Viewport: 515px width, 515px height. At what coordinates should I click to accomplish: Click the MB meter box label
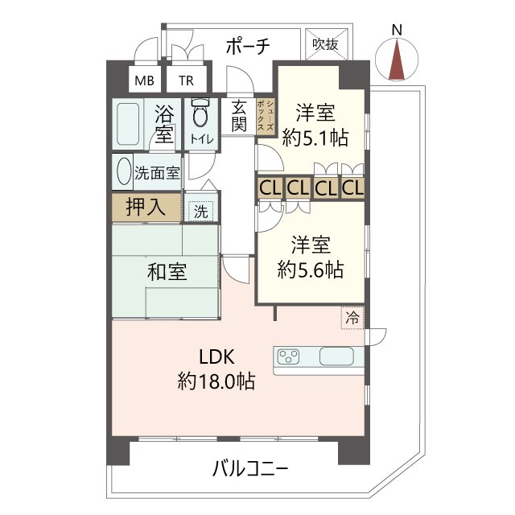point(144,80)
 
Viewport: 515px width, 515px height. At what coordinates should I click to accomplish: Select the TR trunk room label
point(186,80)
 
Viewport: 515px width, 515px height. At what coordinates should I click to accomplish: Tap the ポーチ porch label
point(248,46)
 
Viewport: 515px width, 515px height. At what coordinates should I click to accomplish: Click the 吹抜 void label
point(325,44)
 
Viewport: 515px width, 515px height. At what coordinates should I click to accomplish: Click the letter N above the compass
point(397,31)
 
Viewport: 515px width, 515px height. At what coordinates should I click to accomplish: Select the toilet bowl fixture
point(200,113)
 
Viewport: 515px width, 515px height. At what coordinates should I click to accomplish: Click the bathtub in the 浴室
point(128,124)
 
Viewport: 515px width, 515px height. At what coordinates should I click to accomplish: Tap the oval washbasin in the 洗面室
point(123,171)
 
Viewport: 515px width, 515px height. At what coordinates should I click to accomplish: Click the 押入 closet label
point(146,207)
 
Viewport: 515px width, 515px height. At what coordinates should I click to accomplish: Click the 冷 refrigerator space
point(352,317)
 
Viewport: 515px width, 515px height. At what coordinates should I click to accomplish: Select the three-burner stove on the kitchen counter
point(288,356)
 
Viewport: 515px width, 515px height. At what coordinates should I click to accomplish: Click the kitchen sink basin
point(336,356)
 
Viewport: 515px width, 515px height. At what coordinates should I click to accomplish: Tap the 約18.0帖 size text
point(216,381)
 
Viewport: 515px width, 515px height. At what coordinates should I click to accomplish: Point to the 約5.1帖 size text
point(315,138)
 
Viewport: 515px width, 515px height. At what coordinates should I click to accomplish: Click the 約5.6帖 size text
point(311,270)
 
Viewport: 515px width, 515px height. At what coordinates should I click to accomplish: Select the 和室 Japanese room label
point(167,272)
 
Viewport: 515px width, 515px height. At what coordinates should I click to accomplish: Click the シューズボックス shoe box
point(266,116)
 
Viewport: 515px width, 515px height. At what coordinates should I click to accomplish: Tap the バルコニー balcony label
point(250,468)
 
